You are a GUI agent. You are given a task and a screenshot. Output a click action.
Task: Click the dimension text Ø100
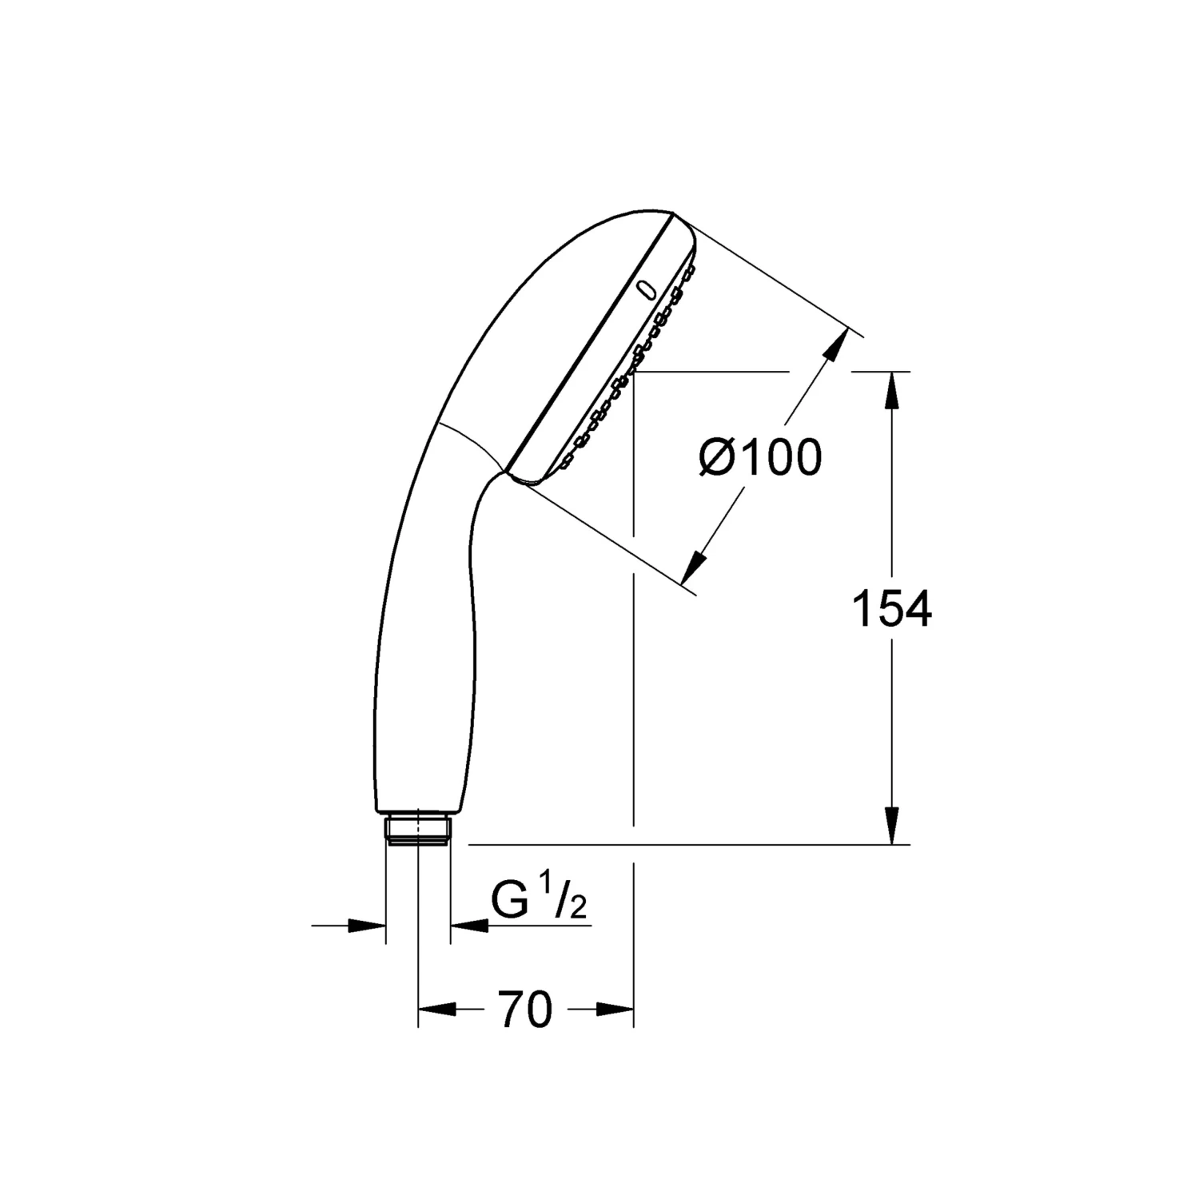(759, 458)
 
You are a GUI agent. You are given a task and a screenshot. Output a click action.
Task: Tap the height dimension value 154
(891, 609)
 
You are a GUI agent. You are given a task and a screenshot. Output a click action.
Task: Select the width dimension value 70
(525, 1010)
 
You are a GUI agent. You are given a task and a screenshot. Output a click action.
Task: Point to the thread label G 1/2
(539, 903)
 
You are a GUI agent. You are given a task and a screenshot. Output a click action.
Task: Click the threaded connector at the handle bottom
(418, 828)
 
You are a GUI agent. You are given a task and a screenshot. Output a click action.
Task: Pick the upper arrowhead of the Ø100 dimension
(835, 345)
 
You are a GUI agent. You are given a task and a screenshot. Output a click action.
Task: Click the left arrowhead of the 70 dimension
(436, 1010)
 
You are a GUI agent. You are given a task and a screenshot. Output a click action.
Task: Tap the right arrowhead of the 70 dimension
(615, 1010)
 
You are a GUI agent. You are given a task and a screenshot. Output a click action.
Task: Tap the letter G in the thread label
(509, 903)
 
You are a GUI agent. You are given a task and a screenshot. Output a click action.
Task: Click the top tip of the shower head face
(674, 215)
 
